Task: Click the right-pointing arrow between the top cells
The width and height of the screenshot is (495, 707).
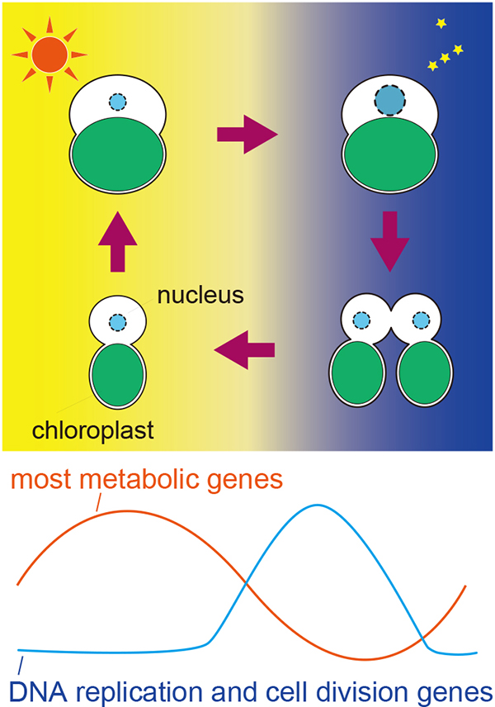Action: [x=246, y=134]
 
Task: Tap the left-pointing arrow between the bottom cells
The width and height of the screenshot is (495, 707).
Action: [x=245, y=352]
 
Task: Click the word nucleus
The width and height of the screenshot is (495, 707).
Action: [x=203, y=295]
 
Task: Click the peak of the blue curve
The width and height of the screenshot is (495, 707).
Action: [x=316, y=505]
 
